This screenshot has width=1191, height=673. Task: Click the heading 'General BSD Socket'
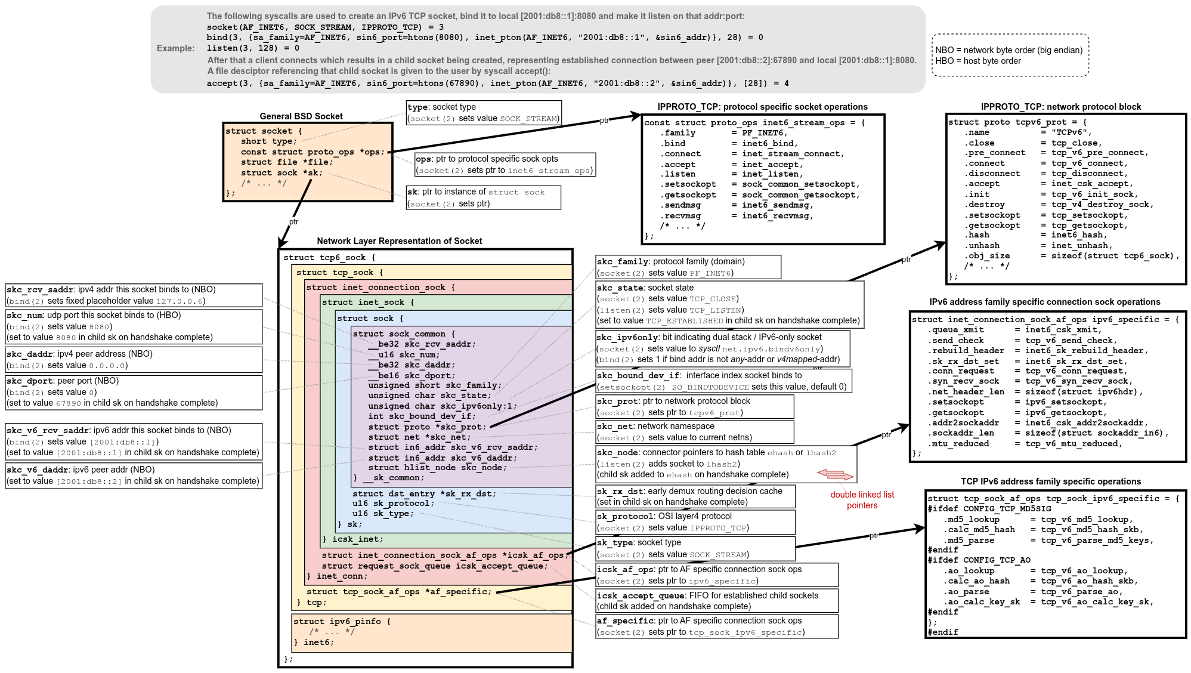pos(301,116)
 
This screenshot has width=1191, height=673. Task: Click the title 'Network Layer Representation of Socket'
pos(399,241)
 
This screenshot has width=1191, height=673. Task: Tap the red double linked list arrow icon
pos(836,475)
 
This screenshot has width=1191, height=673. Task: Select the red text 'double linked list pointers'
pos(862,500)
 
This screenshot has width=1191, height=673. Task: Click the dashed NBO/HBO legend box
pos(1010,55)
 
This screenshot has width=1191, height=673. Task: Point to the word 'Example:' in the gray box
pos(175,48)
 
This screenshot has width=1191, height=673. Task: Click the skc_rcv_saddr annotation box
pos(134,295)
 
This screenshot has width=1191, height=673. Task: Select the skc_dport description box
pos(134,392)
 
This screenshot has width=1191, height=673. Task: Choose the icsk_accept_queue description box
pos(716,601)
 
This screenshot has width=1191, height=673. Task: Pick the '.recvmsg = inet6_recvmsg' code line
pos(737,216)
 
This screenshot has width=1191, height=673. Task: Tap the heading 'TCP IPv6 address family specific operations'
pos(1051,481)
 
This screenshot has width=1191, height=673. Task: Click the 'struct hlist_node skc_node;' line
pos(437,468)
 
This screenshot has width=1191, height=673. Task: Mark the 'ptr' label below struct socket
pos(293,222)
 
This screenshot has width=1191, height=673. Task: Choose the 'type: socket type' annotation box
pos(483,113)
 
